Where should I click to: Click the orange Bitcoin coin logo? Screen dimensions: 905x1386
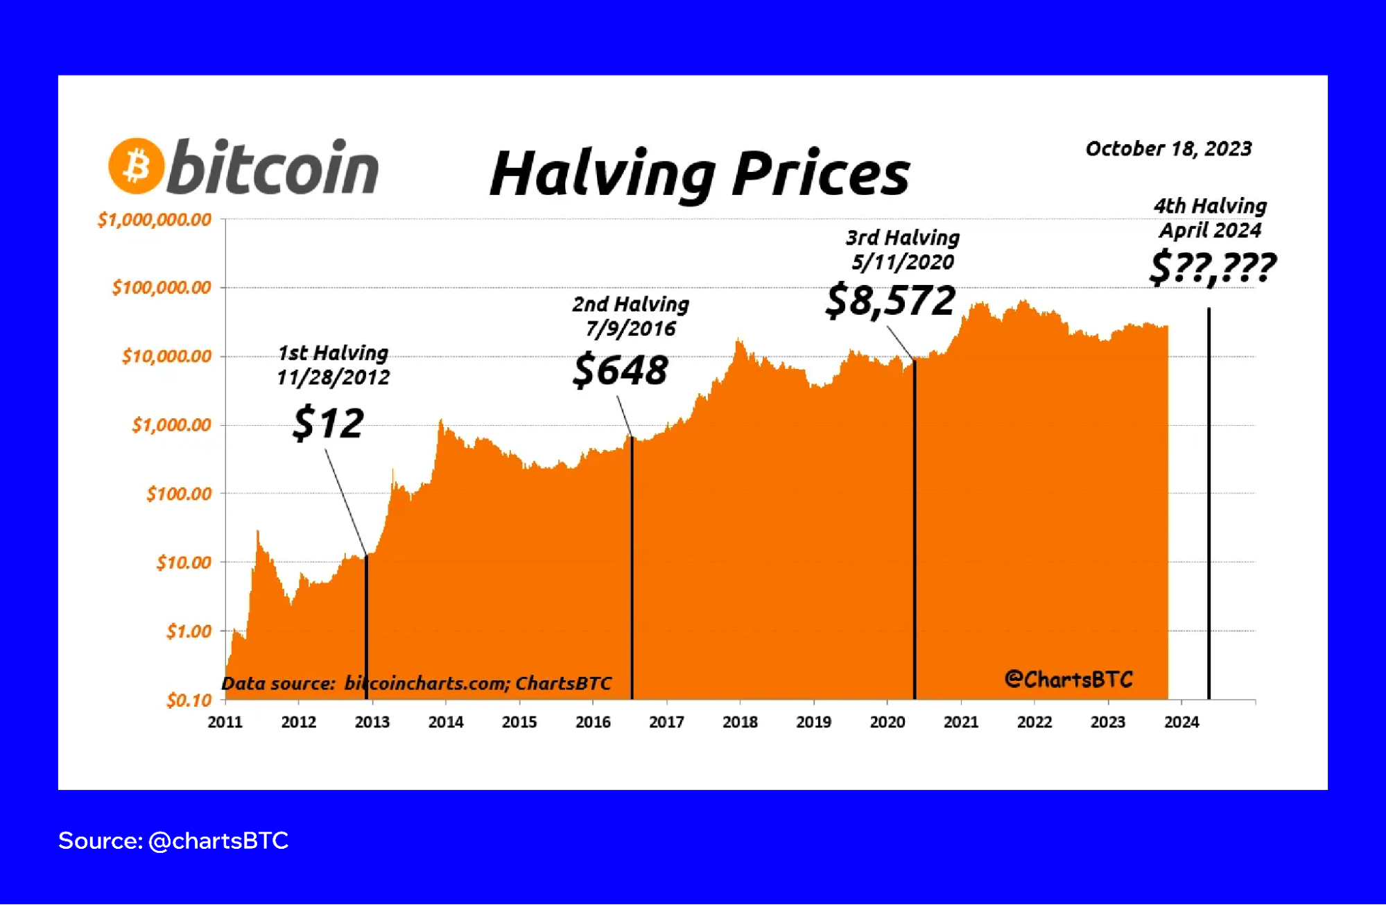(x=137, y=166)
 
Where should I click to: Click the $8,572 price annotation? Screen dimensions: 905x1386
(x=890, y=301)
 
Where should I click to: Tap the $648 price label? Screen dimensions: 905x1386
(x=621, y=370)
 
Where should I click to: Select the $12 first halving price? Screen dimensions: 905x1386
(x=328, y=423)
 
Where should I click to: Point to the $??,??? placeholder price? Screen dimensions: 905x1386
(x=1212, y=268)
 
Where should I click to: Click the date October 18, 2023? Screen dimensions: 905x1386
(x=1168, y=148)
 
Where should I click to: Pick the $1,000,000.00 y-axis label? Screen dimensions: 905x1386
(x=155, y=220)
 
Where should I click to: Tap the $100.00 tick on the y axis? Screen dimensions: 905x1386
(x=179, y=494)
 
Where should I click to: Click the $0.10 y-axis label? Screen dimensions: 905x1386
(x=189, y=700)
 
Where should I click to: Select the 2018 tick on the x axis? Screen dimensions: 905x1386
(x=740, y=722)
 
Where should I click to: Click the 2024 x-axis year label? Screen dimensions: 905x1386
(x=1181, y=722)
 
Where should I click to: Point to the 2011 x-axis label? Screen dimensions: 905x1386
(x=225, y=722)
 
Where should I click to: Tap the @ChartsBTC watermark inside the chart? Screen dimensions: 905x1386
(x=1068, y=679)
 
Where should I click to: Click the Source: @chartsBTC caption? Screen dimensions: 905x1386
(x=173, y=841)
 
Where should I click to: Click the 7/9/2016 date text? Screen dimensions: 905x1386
(x=630, y=328)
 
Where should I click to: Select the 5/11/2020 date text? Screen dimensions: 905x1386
(x=903, y=262)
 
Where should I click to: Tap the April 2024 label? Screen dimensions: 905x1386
(x=1210, y=230)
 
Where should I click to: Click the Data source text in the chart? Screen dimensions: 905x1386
(x=416, y=683)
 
